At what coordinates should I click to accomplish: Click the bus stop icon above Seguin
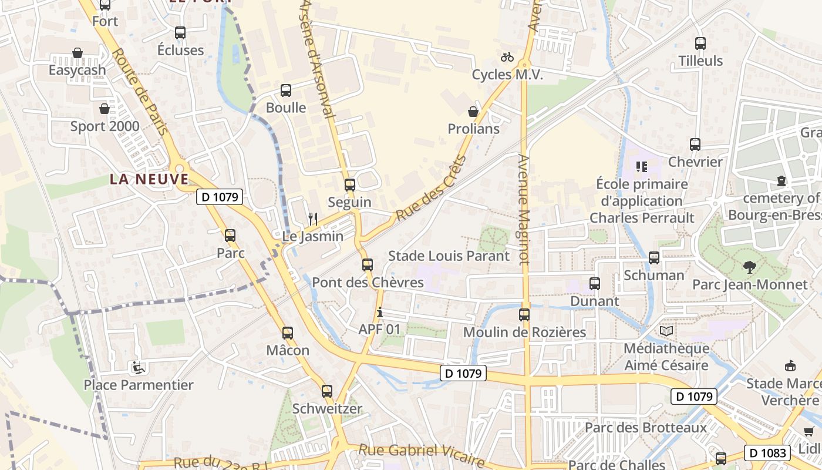350,185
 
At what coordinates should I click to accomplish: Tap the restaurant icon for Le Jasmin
313,219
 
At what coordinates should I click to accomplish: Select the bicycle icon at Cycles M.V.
507,57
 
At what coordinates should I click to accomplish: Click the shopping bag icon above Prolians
473,112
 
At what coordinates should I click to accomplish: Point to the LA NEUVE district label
149,179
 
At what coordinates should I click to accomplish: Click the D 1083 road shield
767,452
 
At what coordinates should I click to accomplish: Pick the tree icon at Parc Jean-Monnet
749,267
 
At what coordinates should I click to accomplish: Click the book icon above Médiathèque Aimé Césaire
666,331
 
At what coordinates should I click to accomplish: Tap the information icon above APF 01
380,312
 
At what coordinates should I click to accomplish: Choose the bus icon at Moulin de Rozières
524,315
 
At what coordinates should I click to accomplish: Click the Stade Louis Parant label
449,256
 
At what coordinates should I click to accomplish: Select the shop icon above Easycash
77,53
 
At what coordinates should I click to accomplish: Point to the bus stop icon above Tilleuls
700,43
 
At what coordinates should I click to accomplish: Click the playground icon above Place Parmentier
138,368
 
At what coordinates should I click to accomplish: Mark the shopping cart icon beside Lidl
808,432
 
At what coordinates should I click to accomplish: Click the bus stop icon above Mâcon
288,333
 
